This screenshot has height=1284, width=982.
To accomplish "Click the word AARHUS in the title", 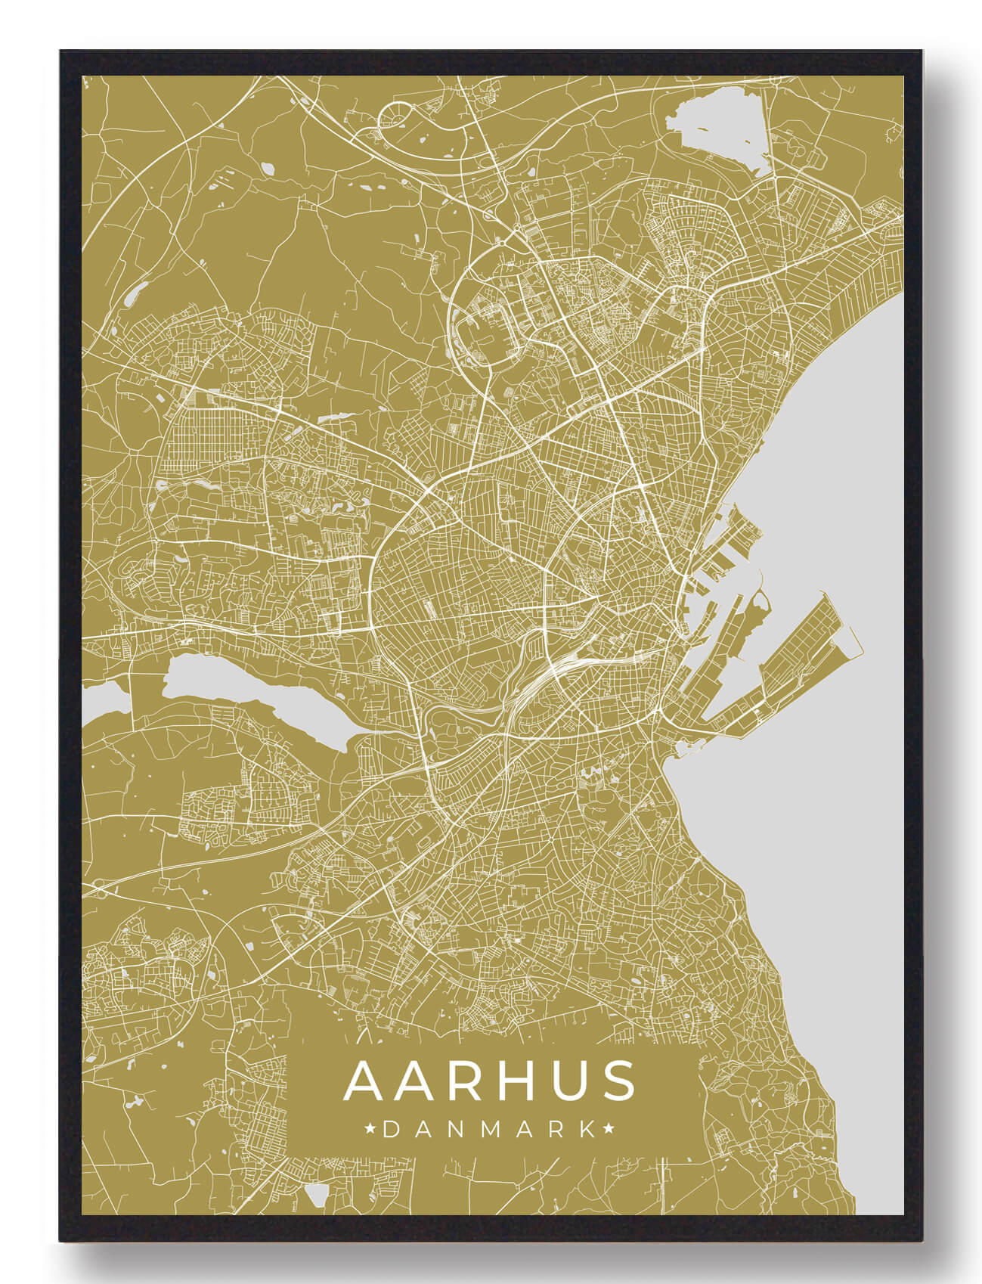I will click(491, 1081).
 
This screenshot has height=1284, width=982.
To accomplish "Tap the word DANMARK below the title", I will click(490, 1130).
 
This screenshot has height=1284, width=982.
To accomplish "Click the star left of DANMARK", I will click(370, 1130).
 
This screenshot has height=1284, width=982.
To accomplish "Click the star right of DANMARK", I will click(609, 1130).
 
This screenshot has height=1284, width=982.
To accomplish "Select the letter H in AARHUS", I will click(495, 1081).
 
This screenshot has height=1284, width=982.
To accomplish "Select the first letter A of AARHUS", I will click(366, 1081).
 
